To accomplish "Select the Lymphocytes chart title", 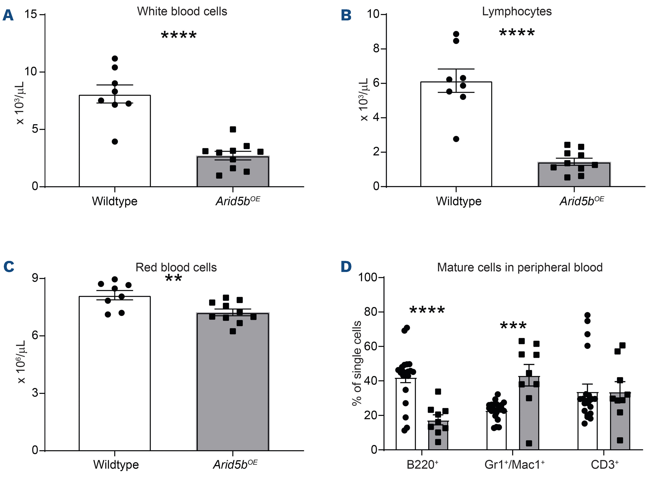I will point(517,12).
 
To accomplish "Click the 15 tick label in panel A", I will point(31,14).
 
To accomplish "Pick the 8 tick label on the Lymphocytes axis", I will point(376,48).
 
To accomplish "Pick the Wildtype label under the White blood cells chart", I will point(114,201).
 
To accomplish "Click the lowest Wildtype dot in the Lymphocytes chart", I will point(456,139).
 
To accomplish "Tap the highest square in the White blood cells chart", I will point(233,129).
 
